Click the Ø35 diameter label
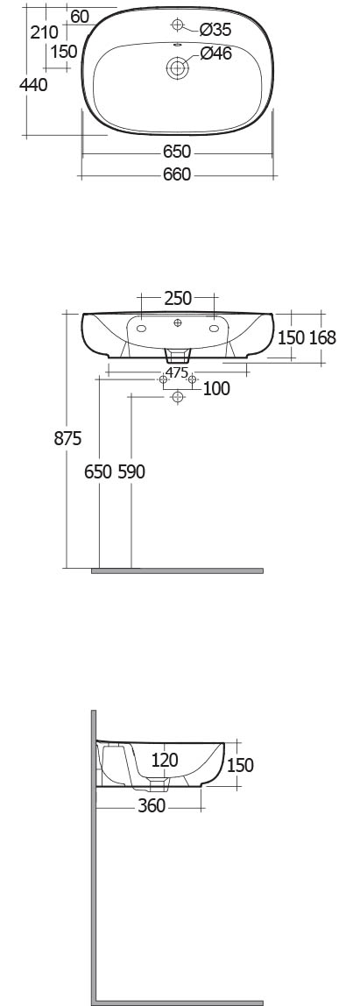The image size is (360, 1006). tap(215, 29)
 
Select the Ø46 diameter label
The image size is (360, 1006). tap(215, 54)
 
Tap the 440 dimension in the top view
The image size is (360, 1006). tap(32, 84)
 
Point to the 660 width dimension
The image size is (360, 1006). tap(176, 174)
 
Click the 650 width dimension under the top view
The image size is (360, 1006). tap(176, 152)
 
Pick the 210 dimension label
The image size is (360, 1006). tap(45, 32)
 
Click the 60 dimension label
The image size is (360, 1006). tap(80, 17)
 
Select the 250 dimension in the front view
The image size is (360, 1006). tap(178, 298)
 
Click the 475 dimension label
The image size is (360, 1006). tap(176, 372)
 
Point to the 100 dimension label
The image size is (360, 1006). tap(216, 389)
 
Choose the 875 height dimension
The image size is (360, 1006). tap(68, 438)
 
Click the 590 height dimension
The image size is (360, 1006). tap(131, 471)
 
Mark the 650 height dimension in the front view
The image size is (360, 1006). tap(99, 471)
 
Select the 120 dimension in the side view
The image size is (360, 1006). tap(165, 761)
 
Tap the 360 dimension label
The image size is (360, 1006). tap(152, 805)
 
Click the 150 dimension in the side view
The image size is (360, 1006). tap(240, 765)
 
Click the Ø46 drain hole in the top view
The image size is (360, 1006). tap(178, 67)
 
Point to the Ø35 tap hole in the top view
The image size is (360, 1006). tap(178, 25)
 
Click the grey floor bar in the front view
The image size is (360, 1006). tap(177, 570)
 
